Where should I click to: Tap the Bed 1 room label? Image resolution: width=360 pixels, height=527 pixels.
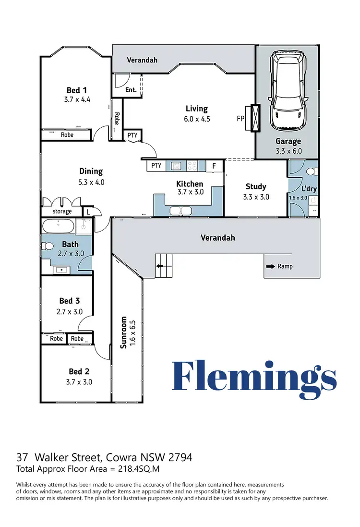coord(77,90)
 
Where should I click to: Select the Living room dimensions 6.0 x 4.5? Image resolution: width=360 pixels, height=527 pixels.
coord(197,119)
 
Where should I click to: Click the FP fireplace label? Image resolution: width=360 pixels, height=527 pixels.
coord(240,118)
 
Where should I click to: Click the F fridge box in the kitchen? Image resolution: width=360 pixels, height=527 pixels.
coord(214,166)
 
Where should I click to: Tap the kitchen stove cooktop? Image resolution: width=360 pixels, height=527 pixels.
coord(192,166)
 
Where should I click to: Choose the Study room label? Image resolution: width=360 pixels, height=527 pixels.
coord(256,186)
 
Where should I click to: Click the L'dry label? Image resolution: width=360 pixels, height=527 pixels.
coord(309,188)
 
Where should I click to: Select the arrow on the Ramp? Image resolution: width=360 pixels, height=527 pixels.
coord(271,267)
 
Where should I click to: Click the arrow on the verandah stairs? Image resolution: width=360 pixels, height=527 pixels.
coord(159,266)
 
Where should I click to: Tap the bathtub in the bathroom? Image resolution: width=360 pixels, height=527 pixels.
coord(58,226)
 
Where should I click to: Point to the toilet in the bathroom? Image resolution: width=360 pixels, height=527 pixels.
coord(48,246)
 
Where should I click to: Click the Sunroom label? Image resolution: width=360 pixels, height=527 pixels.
coord(123,332)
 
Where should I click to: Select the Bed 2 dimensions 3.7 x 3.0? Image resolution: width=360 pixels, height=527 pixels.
coord(79,382)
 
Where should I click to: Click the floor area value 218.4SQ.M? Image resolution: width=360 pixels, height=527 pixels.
coord(139,469)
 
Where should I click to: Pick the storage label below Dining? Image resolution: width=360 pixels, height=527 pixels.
coord(62,211)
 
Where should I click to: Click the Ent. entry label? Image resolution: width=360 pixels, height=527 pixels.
coord(131,90)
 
